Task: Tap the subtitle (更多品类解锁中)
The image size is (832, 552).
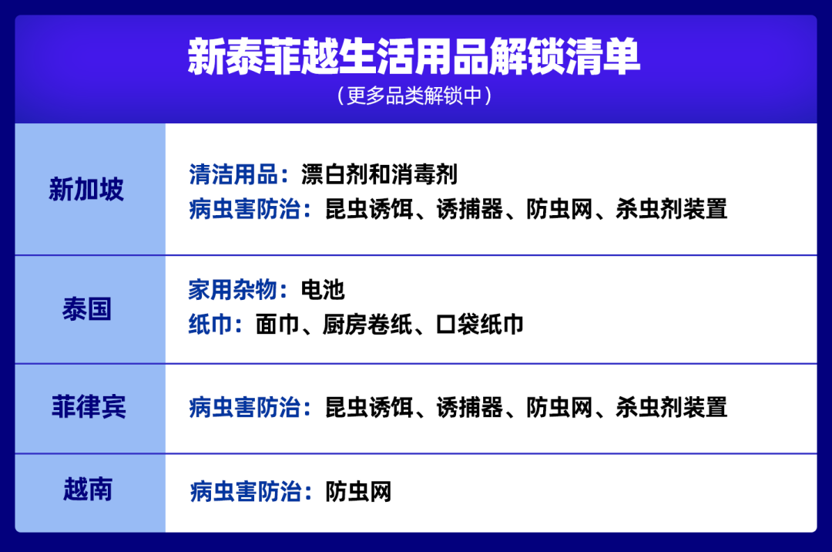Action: [414, 96]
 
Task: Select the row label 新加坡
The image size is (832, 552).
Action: [86, 190]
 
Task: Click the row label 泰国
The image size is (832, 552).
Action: [86, 309]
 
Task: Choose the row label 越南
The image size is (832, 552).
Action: [88, 490]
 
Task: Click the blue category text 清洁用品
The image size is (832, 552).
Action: [233, 174]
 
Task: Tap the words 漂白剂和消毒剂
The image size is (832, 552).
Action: [379, 174]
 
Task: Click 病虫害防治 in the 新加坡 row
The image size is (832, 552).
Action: [244, 209]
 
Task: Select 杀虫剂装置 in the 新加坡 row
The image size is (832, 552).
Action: [671, 209]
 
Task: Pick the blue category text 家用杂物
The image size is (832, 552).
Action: [233, 290]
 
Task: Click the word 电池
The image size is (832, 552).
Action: [323, 290]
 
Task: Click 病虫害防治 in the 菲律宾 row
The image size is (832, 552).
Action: [244, 407]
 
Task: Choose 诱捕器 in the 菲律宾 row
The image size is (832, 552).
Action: [469, 407]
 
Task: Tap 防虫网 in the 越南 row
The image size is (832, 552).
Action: [358, 491]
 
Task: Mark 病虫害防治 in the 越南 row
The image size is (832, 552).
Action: [244, 491]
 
